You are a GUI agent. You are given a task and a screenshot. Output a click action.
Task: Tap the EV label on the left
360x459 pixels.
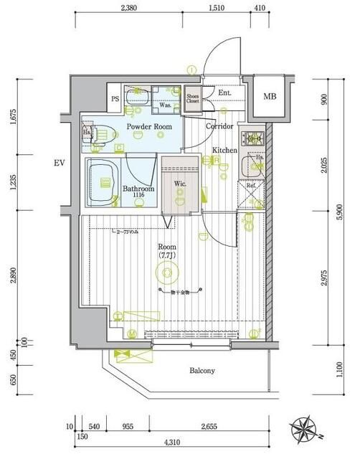[59, 164]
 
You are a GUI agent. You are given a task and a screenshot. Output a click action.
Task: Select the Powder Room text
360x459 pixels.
[149, 127]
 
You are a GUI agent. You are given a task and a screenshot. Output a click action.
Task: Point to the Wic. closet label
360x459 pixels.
[180, 184]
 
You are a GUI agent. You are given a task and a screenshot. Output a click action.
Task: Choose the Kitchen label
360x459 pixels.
[224, 150]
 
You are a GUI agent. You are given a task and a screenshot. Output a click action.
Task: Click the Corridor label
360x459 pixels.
[219, 126]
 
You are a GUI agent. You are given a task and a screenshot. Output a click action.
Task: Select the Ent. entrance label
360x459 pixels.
[224, 93]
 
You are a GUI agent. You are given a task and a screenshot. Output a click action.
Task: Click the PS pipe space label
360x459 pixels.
[114, 100]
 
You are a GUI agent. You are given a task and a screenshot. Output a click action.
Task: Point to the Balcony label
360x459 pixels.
[202, 371]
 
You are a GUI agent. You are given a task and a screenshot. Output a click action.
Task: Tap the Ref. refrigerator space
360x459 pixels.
[251, 186]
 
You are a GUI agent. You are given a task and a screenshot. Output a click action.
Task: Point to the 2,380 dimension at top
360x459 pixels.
[129, 9]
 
